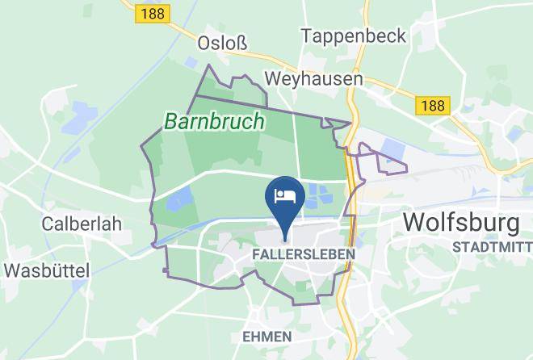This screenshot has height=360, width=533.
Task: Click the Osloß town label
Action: (223, 43)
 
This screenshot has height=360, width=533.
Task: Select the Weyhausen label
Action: (314, 79)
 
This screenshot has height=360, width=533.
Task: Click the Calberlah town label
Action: (74, 222)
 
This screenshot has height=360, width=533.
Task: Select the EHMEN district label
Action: (264, 335)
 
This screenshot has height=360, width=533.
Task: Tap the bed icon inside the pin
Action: (285, 195)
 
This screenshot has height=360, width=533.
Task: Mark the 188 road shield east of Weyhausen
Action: (433, 105)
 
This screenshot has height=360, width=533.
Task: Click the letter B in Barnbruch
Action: (172, 122)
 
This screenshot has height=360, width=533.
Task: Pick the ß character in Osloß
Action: (240, 43)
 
